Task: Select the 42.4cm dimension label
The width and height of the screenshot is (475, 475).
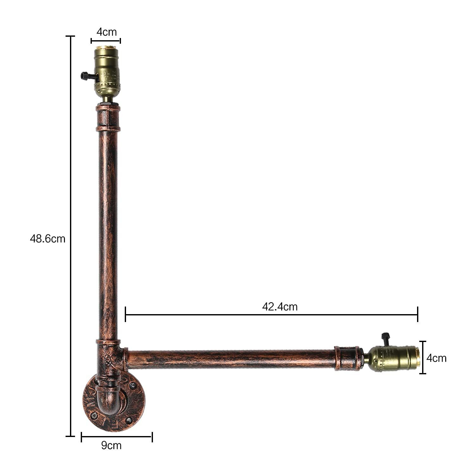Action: point(280,307)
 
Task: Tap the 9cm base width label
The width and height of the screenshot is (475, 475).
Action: point(111,445)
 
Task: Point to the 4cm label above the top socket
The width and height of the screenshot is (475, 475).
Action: point(106,32)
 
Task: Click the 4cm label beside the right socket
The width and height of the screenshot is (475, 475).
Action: point(436,358)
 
